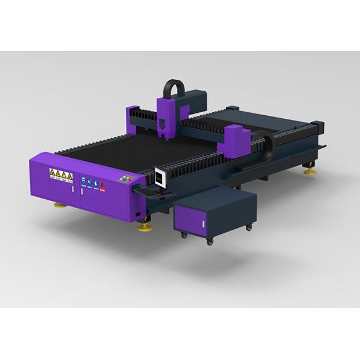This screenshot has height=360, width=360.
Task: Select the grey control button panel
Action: pyautogui.click(x=125, y=179)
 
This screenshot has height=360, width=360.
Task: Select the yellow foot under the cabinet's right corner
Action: pyautogui.click(x=145, y=227)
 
